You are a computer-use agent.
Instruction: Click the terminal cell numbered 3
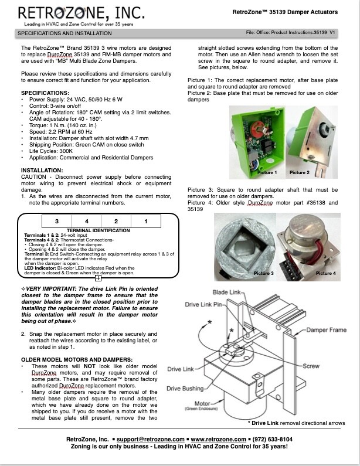(x=57, y=221)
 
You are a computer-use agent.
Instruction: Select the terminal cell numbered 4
(x=87, y=221)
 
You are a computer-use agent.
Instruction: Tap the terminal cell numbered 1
(x=145, y=221)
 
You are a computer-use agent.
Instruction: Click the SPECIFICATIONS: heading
(x=45, y=93)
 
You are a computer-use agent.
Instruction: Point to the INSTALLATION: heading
(x=42, y=171)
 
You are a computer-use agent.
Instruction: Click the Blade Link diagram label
(x=226, y=292)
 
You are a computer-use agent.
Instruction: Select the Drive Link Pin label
(x=203, y=304)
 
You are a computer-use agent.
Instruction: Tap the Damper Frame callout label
(x=326, y=330)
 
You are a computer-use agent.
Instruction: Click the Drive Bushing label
(x=185, y=389)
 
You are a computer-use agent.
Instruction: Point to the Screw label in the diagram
(x=311, y=366)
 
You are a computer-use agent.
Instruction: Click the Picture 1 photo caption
(x=267, y=172)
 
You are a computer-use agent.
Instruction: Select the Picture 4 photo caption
(x=326, y=273)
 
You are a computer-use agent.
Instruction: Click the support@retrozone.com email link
(x=151, y=439)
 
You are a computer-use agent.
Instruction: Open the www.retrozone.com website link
(x=218, y=439)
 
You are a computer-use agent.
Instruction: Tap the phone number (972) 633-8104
(x=272, y=439)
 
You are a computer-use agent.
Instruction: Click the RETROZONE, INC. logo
(x=81, y=13)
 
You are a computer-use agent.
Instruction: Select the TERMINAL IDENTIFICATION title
(x=98, y=230)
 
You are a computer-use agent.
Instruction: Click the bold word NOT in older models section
(x=89, y=366)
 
